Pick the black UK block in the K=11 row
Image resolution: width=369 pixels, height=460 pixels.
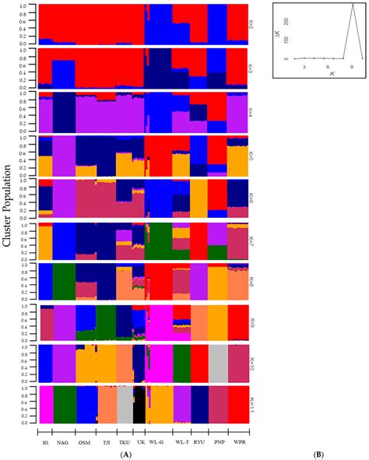[139, 404]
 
